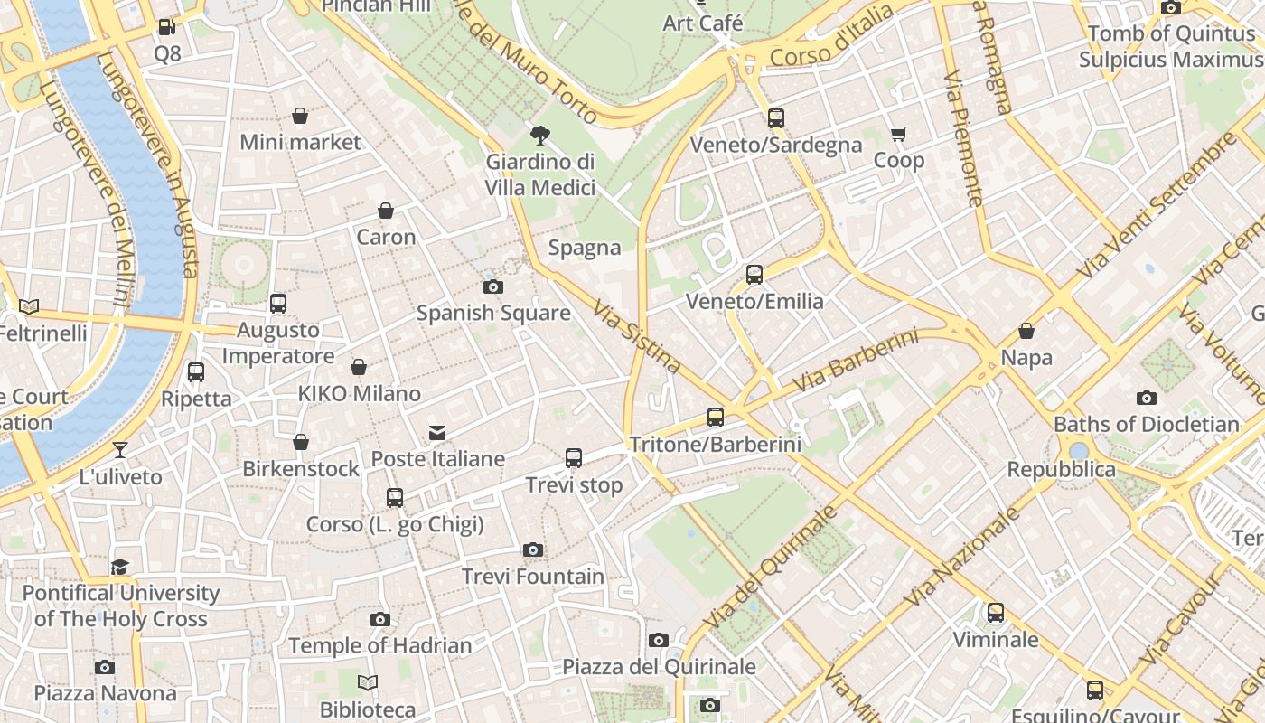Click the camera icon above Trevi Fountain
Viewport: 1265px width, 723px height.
[533, 549]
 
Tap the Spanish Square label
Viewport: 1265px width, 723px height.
[493, 314]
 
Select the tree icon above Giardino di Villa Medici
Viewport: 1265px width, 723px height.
[540, 136]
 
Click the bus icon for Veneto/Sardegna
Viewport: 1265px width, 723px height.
[775, 118]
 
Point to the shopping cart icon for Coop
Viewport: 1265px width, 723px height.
[898, 135]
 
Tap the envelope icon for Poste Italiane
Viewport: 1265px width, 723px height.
[437, 433]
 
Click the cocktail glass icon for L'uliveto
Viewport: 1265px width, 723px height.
[120, 450]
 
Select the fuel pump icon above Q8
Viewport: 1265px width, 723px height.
[167, 27]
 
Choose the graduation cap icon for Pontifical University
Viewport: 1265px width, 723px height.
[120, 567]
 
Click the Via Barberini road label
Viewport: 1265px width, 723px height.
[854, 361]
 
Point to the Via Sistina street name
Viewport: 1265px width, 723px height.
[637, 338]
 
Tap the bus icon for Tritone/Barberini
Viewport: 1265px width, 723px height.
[716, 418]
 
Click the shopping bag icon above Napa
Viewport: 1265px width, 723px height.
[1026, 331]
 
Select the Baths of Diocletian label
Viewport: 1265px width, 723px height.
[1146, 424]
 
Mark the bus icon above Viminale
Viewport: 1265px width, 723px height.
[995, 613]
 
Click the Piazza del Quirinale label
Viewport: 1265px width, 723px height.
[659, 667]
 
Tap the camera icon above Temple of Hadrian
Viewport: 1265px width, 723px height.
[380, 619]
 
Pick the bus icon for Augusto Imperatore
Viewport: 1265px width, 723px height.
[278, 304]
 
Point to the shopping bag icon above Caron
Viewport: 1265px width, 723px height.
[386, 211]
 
